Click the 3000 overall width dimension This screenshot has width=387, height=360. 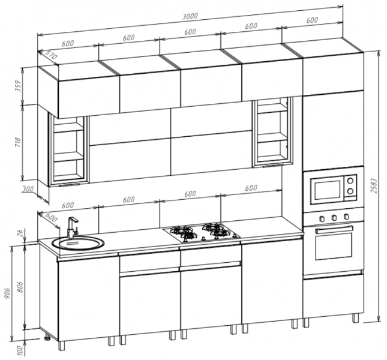(190, 16)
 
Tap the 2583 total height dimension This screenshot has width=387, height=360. (374, 185)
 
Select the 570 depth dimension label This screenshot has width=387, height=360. (51, 55)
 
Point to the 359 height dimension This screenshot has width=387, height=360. (19, 86)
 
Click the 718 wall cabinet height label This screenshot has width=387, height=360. (19, 142)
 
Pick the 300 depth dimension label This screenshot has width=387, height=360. (28, 189)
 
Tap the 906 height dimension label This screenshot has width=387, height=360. (8, 293)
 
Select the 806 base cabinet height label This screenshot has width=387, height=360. (20, 286)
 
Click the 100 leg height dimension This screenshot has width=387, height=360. (21, 350)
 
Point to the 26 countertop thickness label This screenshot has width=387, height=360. (20, 233)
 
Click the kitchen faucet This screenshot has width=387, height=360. (72, 227)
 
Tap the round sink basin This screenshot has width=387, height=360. (78, 243)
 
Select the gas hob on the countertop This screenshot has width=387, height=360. (202, 232)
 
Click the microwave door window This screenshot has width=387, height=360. (327, 190)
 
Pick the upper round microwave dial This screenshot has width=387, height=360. (350, 181)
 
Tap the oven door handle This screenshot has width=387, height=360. (334, 229)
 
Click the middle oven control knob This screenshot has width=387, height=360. (334, 217)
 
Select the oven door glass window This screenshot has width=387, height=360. (334, 246)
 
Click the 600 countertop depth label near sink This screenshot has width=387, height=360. (52, 217)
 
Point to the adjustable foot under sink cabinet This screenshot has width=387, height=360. (47, 337)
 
